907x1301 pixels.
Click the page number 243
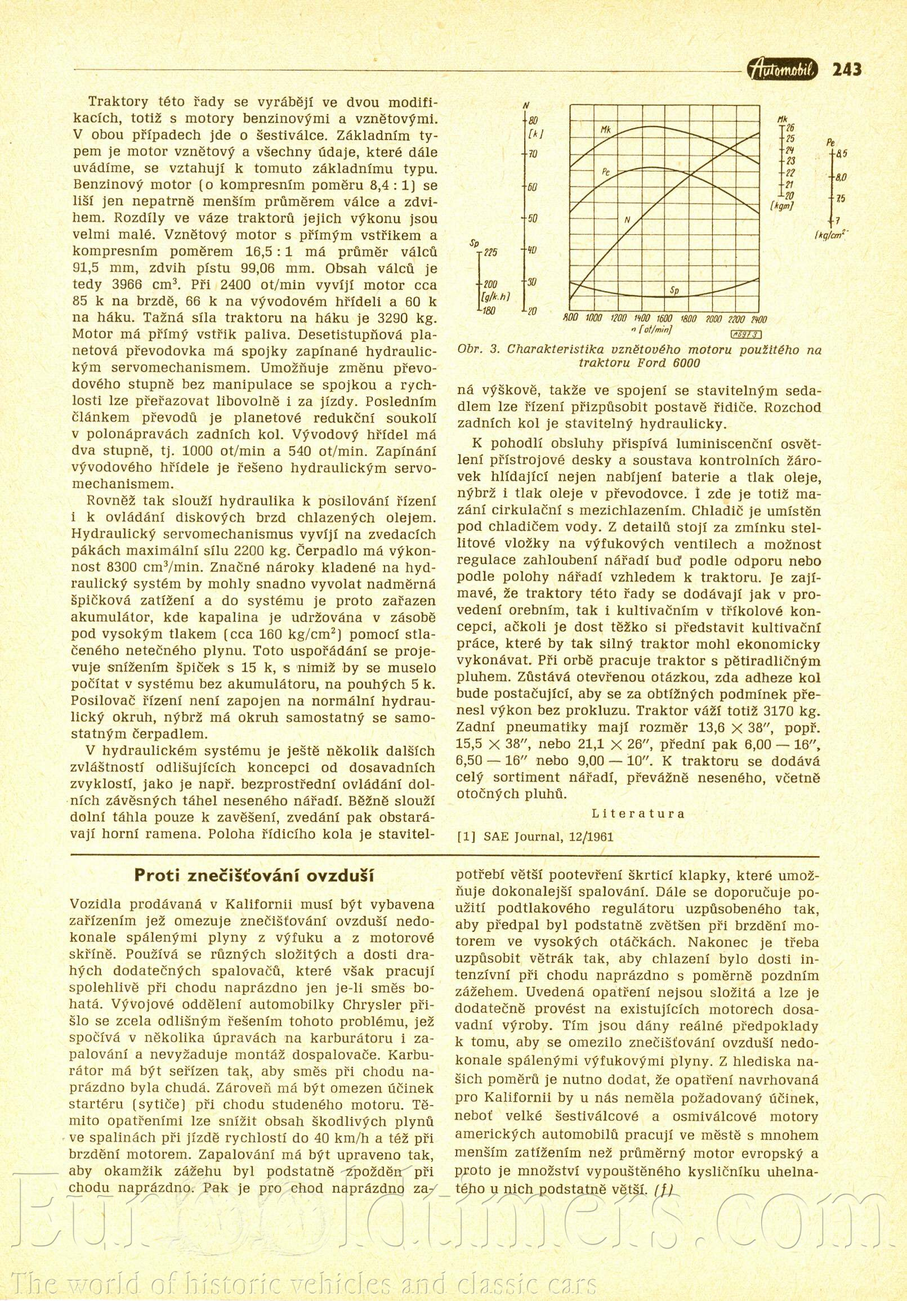tap(847, 70)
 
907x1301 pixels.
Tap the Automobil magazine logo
tap(783, 69)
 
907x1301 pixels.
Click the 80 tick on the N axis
tap(533, 120)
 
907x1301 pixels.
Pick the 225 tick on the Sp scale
tap(490, 253)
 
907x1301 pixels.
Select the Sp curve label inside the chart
tap(674, 290)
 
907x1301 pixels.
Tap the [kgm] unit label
tap(783, 206)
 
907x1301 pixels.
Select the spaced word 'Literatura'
tap(638, 813)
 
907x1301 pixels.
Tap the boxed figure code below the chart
tap(747, 334)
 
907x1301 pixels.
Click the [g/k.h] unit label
tap(495, 296)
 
